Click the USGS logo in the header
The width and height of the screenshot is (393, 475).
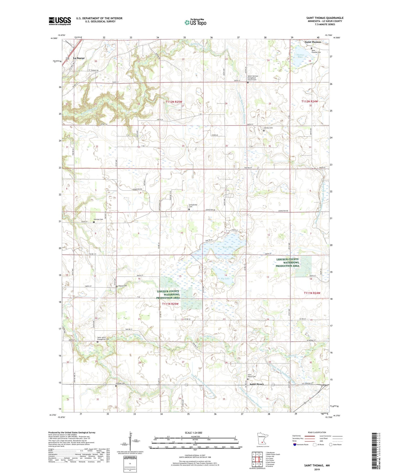click(60, 21)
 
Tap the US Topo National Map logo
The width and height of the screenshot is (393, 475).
click(195, 22)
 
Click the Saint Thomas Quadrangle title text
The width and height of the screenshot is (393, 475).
click(325, 18)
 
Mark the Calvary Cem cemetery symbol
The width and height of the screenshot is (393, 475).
click(264, 130)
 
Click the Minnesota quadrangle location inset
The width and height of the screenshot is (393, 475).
click(263, 440)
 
